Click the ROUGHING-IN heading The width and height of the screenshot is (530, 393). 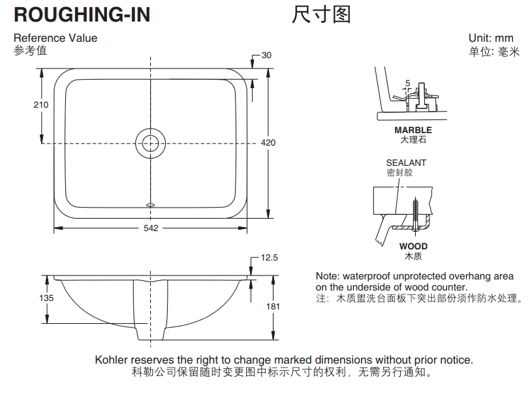[82, 14]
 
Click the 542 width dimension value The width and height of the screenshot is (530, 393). [150, 228]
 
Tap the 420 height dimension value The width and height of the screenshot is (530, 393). [268, 143]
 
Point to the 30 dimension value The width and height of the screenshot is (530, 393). [266, 55]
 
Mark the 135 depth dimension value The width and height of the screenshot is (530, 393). [46, 298]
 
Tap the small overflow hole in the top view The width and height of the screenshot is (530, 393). [151, 204]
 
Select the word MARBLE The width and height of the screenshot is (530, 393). [413, 131]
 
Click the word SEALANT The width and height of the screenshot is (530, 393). [406, 163]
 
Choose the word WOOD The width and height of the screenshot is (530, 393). [414, 247]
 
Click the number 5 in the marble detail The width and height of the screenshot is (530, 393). [408, 83]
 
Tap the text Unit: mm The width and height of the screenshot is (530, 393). [491, 39]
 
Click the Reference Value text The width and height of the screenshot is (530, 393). [55, 38]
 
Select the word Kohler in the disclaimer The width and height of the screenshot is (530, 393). [112, 360]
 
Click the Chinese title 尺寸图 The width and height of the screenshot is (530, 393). [321, 14]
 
